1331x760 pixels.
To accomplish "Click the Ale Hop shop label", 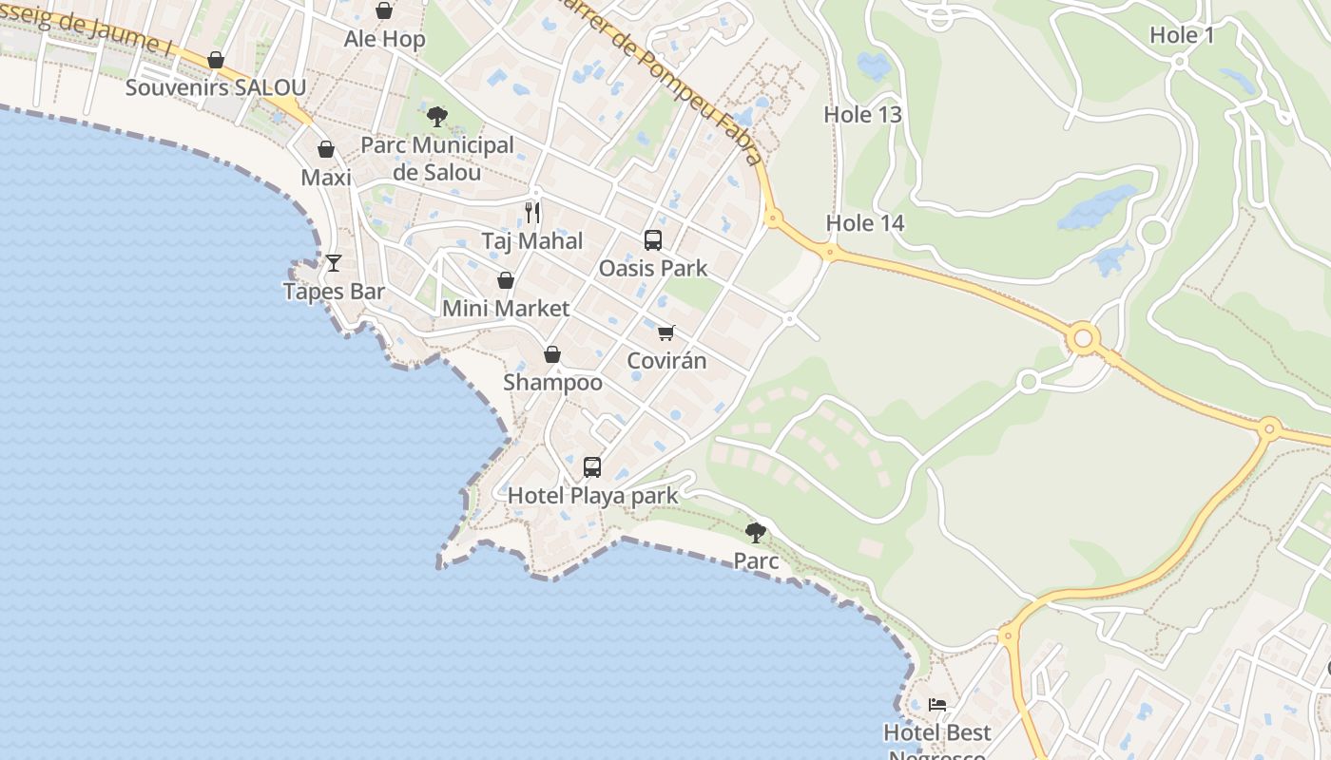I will pos(384,40).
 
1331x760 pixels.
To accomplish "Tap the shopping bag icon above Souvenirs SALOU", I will pos(216,61).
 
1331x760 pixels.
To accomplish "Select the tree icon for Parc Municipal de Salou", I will pos(437,118).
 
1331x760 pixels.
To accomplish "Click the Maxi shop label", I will pos(326,178).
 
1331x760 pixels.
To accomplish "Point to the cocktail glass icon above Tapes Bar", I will pos(334,263).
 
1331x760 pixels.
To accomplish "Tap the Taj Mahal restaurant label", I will pos(532,241).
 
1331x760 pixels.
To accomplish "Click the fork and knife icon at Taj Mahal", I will pos(532,213).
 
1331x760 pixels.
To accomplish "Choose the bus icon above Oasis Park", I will pos(653,240).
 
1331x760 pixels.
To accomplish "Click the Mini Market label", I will pos(506,309).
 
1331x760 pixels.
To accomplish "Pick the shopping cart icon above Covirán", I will pos(666,333).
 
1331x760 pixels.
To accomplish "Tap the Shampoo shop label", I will pos(552,383).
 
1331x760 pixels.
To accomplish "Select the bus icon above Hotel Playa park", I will pos(592,467).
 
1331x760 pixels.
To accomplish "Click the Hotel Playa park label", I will pos(593,496).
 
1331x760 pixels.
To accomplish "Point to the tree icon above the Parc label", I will pos(756,533).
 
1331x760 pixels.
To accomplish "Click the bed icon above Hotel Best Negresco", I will pos(937,705).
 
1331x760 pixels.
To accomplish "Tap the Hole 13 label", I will pos(862,115).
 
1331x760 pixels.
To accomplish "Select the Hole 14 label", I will pos(865,224).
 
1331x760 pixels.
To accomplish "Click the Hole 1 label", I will pos(1182,36).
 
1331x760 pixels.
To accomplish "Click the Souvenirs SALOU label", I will pos(216,88).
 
